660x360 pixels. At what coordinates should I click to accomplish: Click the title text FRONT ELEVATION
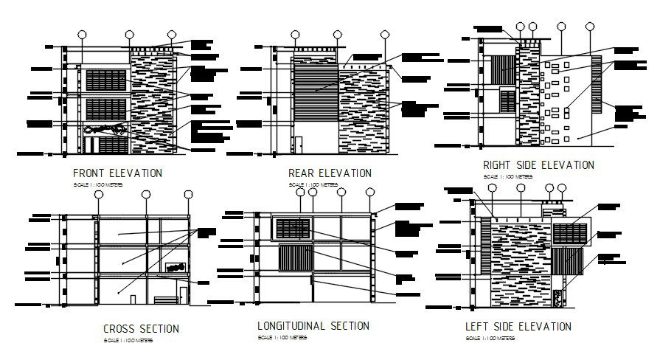pyautogui.click(x=118, y=173)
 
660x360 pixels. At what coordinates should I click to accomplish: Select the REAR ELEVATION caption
pyautogui.click(x=330, y=173)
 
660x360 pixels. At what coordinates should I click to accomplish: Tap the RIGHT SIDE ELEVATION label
pyautogui.click(x=538, y=165)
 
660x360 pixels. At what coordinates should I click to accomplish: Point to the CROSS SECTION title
pyautogui.click(x=141, y=328)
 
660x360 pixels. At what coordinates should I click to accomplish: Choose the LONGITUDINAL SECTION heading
pyautogui.click(x=313, y=325)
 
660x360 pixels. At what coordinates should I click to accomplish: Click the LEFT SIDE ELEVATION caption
pyautogui.click(x=518, y=326)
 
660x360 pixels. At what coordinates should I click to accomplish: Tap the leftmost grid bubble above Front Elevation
pyautogui.click(x=81, y=35)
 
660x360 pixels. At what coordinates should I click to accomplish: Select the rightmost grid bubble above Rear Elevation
pyautogui.click(x=384, y=35)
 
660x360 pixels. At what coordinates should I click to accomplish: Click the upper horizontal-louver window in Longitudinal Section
pyautogui.click(x=292, y=229)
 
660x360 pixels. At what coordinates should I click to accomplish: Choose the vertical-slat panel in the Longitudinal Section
pyautogui.click(x=293, y=260)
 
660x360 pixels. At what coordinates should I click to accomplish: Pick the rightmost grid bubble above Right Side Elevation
pyautogui.click(x=590, y=27)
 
